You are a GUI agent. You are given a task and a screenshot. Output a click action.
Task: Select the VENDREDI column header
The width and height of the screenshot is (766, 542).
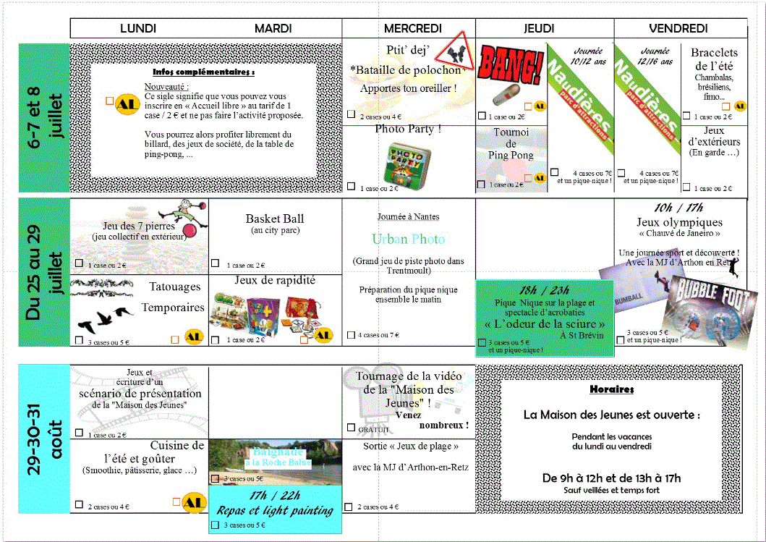678,28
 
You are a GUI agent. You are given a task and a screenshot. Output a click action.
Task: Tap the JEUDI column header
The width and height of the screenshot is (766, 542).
539,28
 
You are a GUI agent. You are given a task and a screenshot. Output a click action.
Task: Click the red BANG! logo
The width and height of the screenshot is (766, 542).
511,64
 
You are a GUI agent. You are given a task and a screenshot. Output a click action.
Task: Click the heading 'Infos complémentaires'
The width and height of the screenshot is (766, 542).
203,72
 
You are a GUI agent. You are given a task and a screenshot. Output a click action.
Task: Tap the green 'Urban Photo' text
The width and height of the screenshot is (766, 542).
409,239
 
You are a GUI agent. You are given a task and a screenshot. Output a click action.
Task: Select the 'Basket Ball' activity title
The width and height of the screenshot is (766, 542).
275,219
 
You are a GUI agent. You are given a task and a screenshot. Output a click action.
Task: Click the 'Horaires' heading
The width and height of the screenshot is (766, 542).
612,389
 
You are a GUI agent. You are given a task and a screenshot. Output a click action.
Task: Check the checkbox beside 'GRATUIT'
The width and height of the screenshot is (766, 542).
351,428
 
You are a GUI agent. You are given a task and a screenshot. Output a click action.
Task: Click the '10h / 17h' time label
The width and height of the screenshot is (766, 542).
678,208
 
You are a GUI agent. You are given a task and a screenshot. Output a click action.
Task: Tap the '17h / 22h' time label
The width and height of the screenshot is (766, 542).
274,496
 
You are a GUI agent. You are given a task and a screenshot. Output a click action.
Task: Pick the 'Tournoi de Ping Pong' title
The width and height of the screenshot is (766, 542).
511,143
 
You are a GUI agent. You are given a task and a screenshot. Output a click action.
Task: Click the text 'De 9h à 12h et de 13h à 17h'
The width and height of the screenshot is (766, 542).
611,478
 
